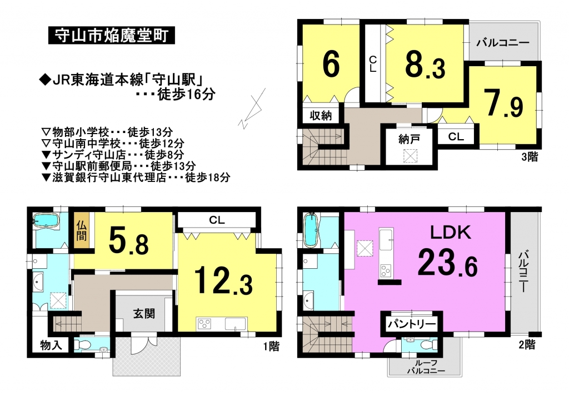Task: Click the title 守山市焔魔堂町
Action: coord(111,36)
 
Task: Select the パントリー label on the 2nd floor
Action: coord(412,324)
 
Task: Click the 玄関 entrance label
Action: coord(144,313)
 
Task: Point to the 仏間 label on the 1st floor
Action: coord(82,231)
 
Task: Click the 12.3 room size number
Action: coord(223,280)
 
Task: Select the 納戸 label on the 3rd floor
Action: coord(409,139)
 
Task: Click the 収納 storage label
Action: coord(321,116)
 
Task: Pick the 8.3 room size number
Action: coord(425,66)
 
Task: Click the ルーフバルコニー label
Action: coord(426,367)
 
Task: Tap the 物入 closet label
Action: coord(51,345)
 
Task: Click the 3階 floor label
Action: coord(530,157)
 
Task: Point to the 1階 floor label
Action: coord(271,346)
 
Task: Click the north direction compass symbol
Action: coord(252,109)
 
